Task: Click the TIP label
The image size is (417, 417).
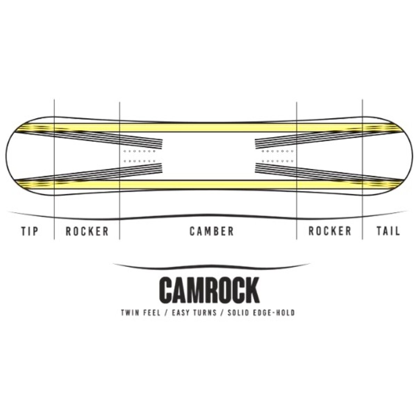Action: coord(30,231)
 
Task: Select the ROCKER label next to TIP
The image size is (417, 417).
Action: coord(87,231)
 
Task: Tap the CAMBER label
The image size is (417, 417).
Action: coord(212,231)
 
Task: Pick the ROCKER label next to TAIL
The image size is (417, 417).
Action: coord(330,231)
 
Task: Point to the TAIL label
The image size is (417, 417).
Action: coord(388,231)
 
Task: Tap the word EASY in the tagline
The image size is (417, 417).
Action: coord(179,313)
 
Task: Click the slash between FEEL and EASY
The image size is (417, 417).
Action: coord(165,313)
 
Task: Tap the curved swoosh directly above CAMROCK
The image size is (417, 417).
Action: coord(208,266)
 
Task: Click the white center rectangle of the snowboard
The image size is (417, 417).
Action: coord(208,156)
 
